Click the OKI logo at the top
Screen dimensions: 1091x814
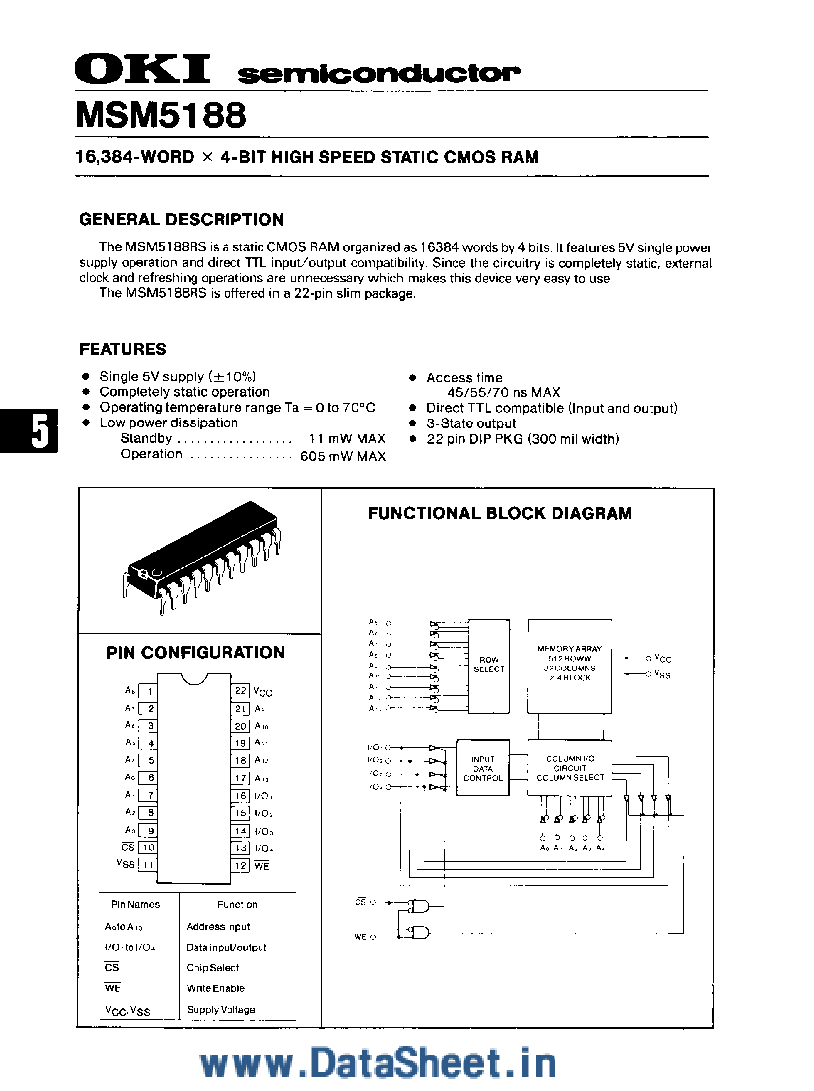(142, 69)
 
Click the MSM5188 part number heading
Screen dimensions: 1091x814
(161, 115)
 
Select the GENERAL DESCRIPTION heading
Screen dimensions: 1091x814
(181, 219)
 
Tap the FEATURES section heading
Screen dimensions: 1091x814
(123, 349)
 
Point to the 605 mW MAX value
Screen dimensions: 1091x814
(343, 456)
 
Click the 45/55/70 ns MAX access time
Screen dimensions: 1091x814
(503, 392)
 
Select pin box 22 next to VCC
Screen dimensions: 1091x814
(240, 690)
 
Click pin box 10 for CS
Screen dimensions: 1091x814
(148, 847)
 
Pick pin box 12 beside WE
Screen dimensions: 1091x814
(240, 865)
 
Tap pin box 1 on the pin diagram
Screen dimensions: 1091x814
(148, 691)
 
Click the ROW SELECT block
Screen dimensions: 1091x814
(489, 665)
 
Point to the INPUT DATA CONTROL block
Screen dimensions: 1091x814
(483, 768)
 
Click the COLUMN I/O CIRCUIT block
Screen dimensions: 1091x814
(570, 768)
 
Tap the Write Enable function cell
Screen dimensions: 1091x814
(215, 988)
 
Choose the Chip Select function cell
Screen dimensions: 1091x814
(212, 968)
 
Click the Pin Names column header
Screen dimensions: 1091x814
(135, 904)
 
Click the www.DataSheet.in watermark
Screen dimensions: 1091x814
(378, 1063)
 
